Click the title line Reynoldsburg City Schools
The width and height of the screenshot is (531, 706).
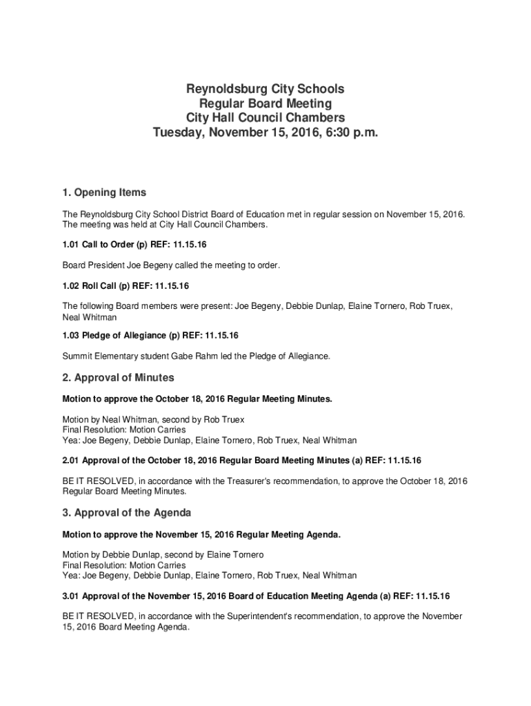point(265,89)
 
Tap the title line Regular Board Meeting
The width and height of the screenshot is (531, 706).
point(265,103)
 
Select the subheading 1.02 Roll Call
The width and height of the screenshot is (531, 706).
point(126,285)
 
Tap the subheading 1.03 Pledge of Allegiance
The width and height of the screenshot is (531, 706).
point(150,336)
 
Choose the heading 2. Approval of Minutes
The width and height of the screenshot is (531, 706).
point(118,378)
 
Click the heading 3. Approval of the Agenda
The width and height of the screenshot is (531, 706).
point(127,513)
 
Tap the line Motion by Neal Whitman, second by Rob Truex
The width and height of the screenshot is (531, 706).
point(153,419)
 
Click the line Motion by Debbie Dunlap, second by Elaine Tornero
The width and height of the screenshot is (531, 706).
point(163,554)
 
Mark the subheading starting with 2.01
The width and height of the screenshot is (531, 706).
point(241,460)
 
